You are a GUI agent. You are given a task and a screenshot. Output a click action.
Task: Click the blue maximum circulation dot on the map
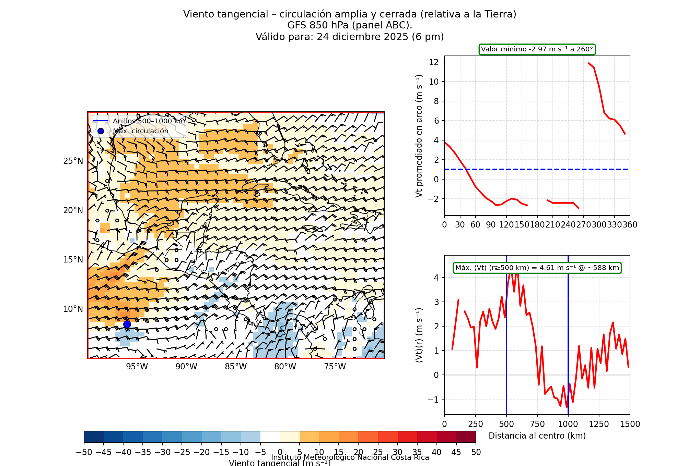(x=127, y=324)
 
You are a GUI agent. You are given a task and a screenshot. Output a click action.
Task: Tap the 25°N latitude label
(x=73, y=161)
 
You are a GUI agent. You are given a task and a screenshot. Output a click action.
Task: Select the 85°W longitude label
(x=236, y=367)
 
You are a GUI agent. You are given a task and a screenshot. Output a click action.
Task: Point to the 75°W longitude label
(x=335, y=367)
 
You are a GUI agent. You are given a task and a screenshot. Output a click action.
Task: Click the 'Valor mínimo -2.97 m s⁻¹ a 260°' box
(x=537, y=49)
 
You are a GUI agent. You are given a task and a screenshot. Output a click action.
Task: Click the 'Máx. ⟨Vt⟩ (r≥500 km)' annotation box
(x=537, y=268)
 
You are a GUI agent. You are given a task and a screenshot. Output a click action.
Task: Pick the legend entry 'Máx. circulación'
(x=140, y=131)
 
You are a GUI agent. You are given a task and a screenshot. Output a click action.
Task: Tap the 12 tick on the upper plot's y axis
(x=434, y=62)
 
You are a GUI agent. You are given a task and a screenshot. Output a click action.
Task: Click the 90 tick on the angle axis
(x=491, y=225)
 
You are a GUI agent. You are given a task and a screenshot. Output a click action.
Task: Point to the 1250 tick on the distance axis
(x=599, y=424)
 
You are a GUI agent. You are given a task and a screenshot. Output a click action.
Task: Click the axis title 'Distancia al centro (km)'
(x=537, y=436)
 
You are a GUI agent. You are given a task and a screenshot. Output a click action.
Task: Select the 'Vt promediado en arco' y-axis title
(x=419, y=136)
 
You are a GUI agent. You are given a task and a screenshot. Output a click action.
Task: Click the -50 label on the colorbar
(x=84, y=452)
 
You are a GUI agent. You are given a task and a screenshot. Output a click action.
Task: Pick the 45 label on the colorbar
(x=456, y=452)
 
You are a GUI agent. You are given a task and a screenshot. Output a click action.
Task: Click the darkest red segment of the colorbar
(x=466, y=437)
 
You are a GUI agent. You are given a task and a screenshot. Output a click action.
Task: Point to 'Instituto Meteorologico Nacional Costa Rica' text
(x=350, y=457)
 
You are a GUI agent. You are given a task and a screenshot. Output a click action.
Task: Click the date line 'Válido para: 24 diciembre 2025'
(x=350, y=37)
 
